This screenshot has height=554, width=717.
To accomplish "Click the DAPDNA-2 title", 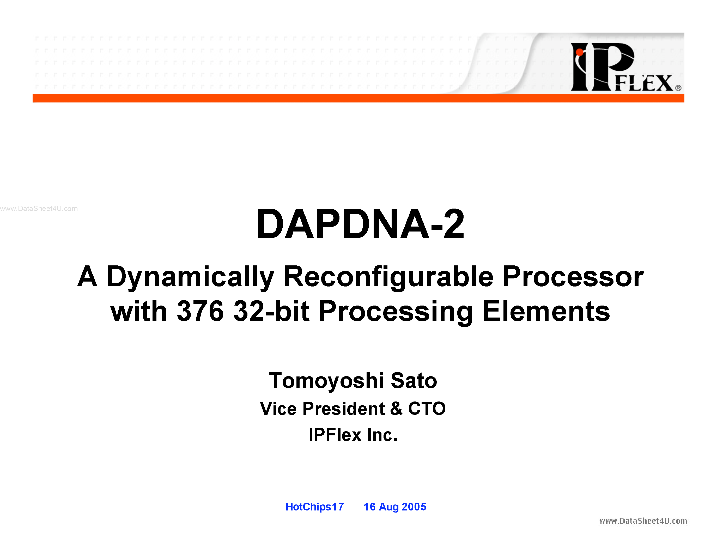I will tap(360, 224).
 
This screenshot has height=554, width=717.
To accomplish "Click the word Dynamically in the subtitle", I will tap(190, 277).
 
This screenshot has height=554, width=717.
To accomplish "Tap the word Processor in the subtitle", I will tap(573, 277).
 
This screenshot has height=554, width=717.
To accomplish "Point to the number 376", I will tap(200, 311).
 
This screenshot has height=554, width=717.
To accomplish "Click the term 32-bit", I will tap(271, 311).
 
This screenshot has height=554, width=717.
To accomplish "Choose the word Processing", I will tap(396, 311).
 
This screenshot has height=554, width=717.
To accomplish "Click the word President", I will tap(344, 409).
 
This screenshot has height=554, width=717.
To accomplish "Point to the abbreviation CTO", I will tap(427, 409).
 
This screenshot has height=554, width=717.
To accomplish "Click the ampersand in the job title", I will tap(396, 409).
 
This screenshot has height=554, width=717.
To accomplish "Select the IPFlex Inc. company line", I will tap(353, 435).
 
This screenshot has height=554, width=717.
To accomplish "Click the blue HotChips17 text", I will tap(314, 507).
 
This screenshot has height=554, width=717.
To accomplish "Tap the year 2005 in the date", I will tap(414, 507).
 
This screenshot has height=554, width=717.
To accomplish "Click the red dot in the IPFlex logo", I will tap(579, 52).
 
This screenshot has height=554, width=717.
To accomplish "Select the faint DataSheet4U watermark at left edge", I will tap(39, 208).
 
